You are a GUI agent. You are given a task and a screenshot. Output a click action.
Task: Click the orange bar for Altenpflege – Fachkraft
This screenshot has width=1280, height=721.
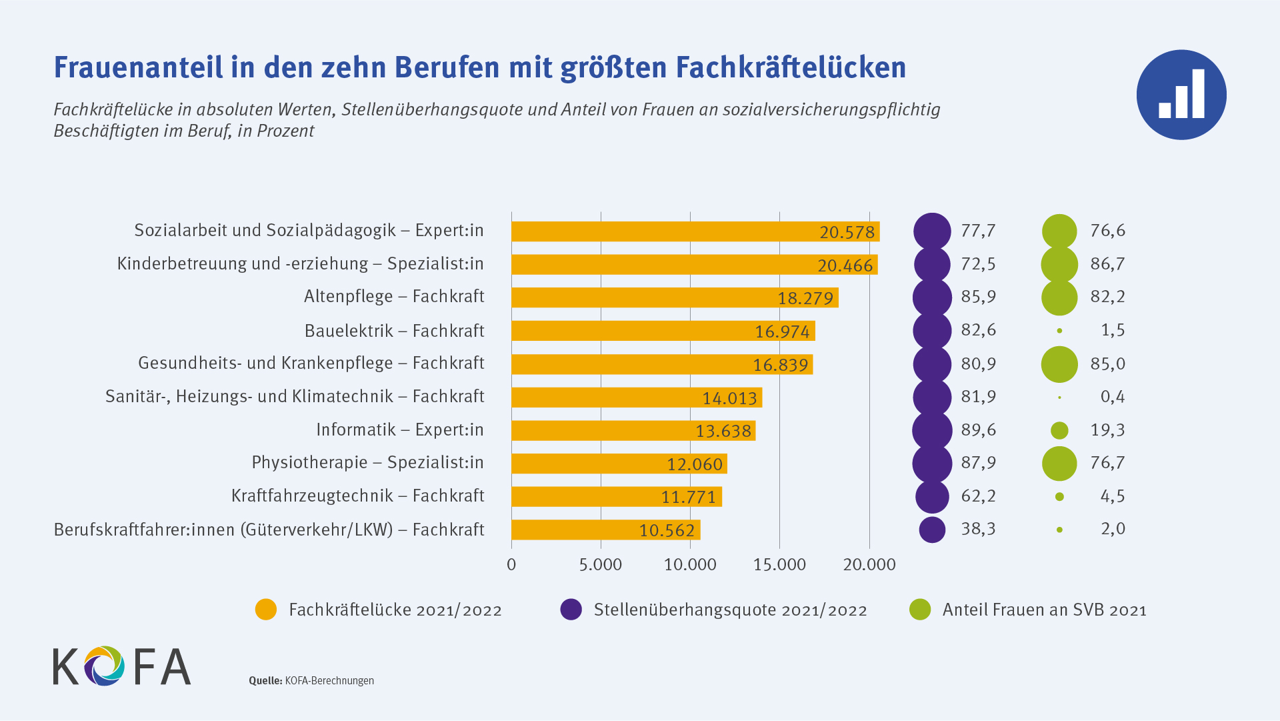click(675, 297)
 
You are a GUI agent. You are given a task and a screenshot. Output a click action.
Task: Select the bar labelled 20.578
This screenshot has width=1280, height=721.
click(695, 231)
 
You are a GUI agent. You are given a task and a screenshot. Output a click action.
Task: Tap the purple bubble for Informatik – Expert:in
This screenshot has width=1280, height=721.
click(932, 430)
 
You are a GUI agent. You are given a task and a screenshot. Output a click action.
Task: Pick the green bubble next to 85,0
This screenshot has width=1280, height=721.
click(1059, 364)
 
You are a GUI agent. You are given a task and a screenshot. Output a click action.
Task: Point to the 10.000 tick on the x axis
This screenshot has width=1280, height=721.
click(690, 565)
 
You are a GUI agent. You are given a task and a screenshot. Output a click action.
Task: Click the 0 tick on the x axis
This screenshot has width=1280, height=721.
click(511, 565)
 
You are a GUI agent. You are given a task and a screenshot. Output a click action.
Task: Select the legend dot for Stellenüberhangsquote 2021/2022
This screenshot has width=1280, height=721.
click(571, 610)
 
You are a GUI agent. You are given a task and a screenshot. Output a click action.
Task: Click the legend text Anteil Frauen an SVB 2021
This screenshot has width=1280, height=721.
click(1044, 610)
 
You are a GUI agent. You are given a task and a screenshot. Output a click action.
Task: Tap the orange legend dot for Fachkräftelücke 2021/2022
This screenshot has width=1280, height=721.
click(266, 610)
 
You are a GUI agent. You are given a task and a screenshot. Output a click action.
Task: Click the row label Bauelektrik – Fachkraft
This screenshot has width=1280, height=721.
click(394, 331)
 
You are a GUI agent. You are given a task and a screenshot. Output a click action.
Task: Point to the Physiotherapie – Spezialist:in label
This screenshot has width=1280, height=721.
click(367, 462)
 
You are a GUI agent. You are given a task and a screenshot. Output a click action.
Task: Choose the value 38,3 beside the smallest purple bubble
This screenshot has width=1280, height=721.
click(978, 529)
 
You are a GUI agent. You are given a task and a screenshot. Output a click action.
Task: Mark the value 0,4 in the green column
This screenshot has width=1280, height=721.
click(1112, 397)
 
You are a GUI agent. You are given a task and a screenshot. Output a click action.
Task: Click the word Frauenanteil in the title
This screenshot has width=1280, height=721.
click(138, 67)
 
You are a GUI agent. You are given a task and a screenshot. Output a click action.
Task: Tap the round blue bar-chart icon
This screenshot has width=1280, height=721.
click(1181, 95)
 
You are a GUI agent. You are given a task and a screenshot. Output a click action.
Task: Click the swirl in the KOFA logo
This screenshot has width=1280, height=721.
click(104, 666)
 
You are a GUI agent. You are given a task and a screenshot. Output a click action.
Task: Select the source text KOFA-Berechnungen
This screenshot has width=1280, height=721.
click(329, 681)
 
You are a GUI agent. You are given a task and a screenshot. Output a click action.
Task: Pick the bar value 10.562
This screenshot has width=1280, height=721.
click(667, 530)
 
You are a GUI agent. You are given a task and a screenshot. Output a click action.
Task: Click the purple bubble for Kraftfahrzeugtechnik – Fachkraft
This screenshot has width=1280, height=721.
click(932, 496)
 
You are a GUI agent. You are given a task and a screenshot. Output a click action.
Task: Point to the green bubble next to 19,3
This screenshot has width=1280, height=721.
click(1059, 430)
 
